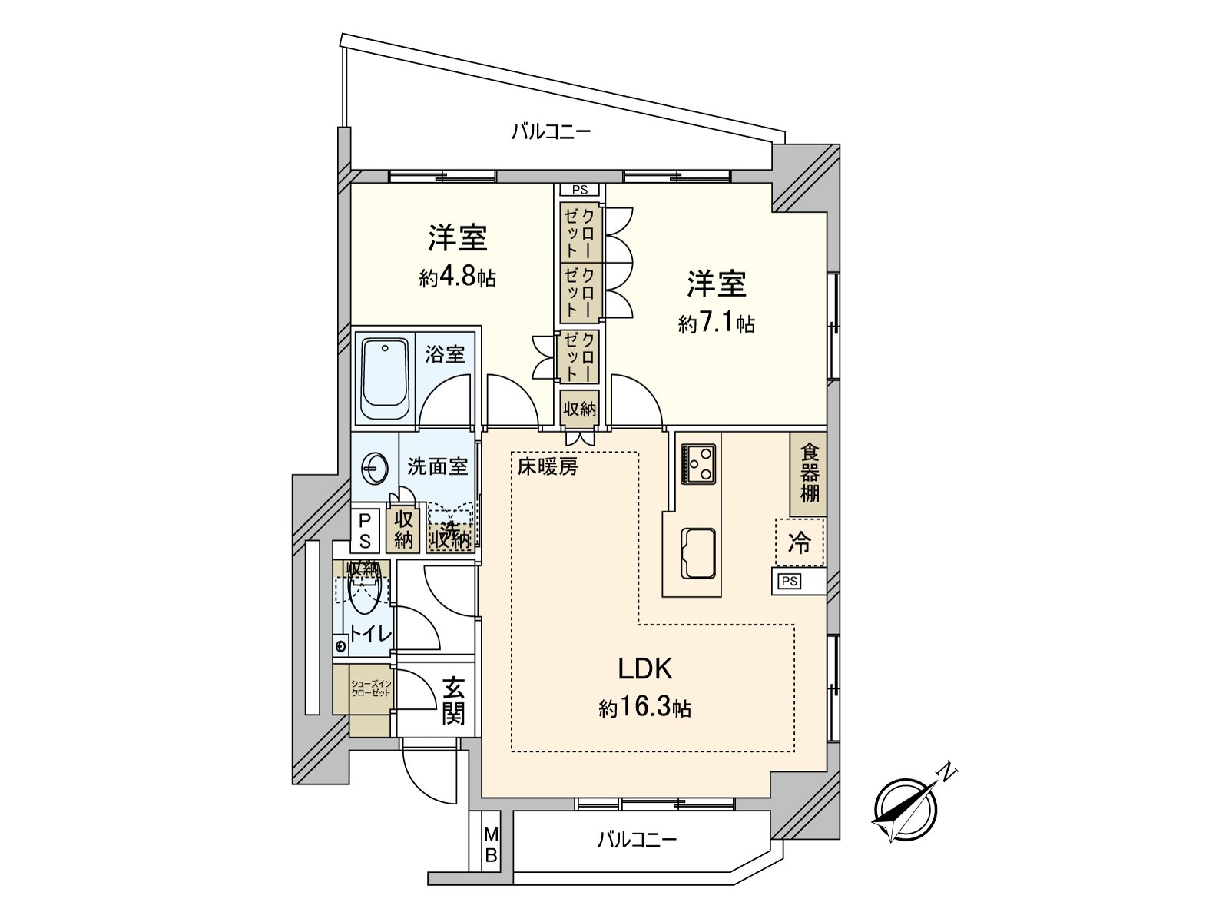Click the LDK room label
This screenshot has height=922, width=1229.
coord(645,669)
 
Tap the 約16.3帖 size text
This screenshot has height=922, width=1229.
coord(644,708)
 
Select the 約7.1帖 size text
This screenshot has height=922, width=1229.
coord(716,324)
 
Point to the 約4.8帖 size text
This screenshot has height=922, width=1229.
coord(457,277)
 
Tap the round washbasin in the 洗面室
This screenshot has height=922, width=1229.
coord(375,468)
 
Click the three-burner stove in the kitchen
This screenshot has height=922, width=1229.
coord(697,463)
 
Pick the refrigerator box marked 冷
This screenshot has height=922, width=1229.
coord(799,543)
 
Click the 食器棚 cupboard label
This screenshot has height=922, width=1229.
coord(810,472)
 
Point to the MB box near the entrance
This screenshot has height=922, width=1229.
coord(491,844)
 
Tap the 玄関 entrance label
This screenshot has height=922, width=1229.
coord(453,701)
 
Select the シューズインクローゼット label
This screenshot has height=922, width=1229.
coord(371,688)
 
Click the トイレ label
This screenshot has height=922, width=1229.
coord(371,634)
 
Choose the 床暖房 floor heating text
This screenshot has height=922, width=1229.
coord(547,466)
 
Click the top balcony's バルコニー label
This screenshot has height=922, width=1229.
coord(552,132)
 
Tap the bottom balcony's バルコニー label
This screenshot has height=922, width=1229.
coord(637,839)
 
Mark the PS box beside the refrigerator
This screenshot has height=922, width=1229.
coord(789,582)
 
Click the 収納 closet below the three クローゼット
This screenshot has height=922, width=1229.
coord(579,409)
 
